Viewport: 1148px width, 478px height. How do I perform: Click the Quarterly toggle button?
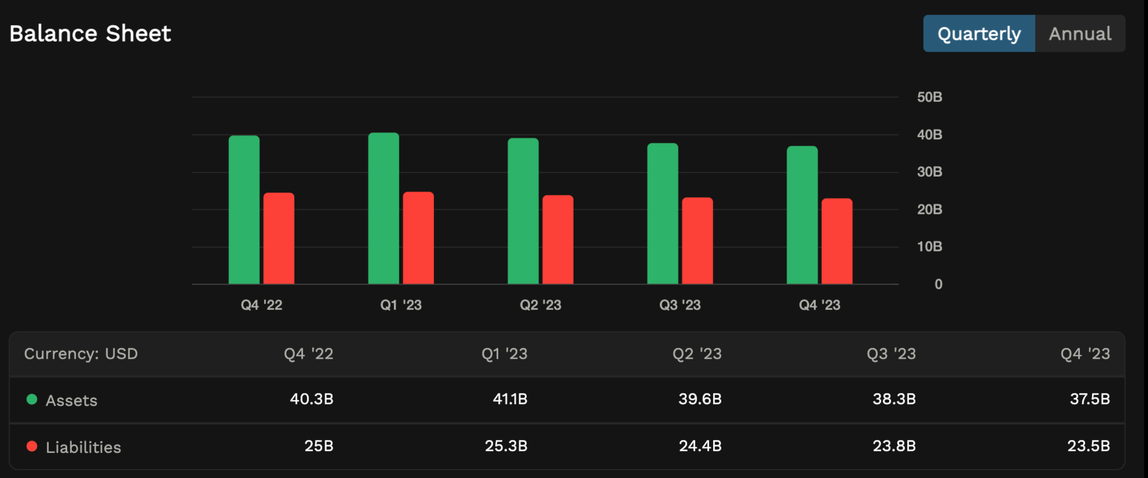979,34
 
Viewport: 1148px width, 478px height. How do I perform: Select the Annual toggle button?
1080,34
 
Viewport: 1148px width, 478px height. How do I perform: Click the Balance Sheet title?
90,34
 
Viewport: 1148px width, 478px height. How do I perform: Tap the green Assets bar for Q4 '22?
244,210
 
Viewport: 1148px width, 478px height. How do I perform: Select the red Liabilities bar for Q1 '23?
418,238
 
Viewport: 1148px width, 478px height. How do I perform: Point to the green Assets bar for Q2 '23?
523,211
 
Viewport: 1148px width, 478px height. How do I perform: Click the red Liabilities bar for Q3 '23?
697,240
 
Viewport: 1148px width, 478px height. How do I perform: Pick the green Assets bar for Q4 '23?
802,215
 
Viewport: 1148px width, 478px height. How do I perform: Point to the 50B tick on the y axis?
929,97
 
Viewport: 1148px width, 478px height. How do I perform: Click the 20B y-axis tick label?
929,210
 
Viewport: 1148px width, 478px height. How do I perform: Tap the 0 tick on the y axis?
938,284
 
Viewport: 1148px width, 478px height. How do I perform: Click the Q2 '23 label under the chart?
540,305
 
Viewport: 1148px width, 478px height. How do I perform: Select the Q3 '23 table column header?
891,354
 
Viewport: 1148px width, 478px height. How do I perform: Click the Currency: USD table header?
81,354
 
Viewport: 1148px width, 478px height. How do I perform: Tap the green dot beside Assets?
32,399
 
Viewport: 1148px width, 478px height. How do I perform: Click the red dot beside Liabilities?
32,446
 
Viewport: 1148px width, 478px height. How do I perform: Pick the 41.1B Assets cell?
510,399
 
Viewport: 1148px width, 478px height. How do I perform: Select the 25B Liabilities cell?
319,446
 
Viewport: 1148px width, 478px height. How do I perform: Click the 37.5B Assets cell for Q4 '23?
1090,399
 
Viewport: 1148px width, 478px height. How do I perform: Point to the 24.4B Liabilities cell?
700,446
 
